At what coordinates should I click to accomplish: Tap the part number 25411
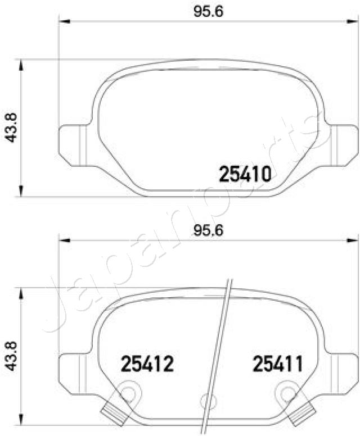[277, 364]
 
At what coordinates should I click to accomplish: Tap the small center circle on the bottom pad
[206, 401]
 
